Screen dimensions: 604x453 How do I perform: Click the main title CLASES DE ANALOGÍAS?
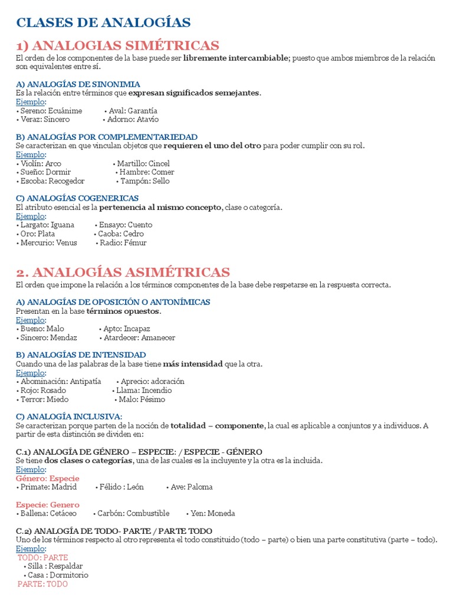coord(103,23)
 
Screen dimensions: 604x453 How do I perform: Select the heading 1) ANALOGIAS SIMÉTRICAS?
coord(117,45)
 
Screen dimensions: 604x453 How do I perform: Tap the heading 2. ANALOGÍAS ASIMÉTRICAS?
coord(123,272)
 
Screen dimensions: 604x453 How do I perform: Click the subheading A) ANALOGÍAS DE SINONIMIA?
coord(78,84)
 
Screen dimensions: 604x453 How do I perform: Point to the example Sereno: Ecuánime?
coord(51,110)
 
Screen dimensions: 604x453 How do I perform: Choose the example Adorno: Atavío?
coord(133,119)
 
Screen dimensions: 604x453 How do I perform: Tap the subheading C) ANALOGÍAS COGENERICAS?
coord(77,198)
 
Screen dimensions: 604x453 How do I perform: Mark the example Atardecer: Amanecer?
coord(139,337)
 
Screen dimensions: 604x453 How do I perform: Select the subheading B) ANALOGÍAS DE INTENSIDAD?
coord(81,354)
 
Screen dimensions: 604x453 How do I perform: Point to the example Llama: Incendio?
coord(143,390)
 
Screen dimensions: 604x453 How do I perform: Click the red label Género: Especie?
coord(48,478)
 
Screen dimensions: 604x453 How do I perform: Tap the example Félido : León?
coord(121,487)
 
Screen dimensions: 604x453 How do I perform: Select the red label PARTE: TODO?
coord(42,584)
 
